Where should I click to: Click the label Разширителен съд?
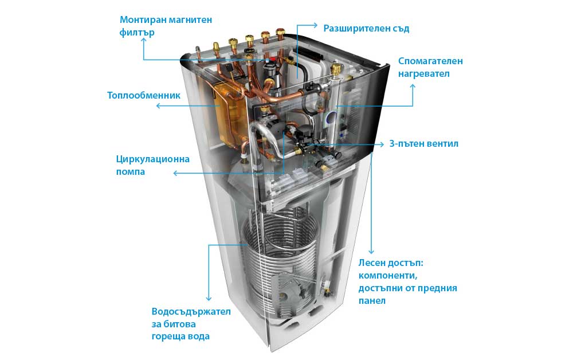pyautogui.click(x=366, y=28)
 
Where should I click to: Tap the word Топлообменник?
pyautogui.click(x=144, y=95)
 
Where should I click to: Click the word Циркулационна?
pyautogui.click(x=152, y=159)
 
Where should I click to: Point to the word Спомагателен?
pyautogui.click(x=430, y=61)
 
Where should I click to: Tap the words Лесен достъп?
pyautogui.click(x=391, y=263)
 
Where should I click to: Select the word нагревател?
pyautogui.click(x=424, y=73)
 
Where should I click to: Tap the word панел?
pyautogui.click(x=372, y=300)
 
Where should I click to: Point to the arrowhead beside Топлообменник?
pyautogui.click(x=159, y=106)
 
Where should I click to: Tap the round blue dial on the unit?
pyautogui.click(x=331, y=119)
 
